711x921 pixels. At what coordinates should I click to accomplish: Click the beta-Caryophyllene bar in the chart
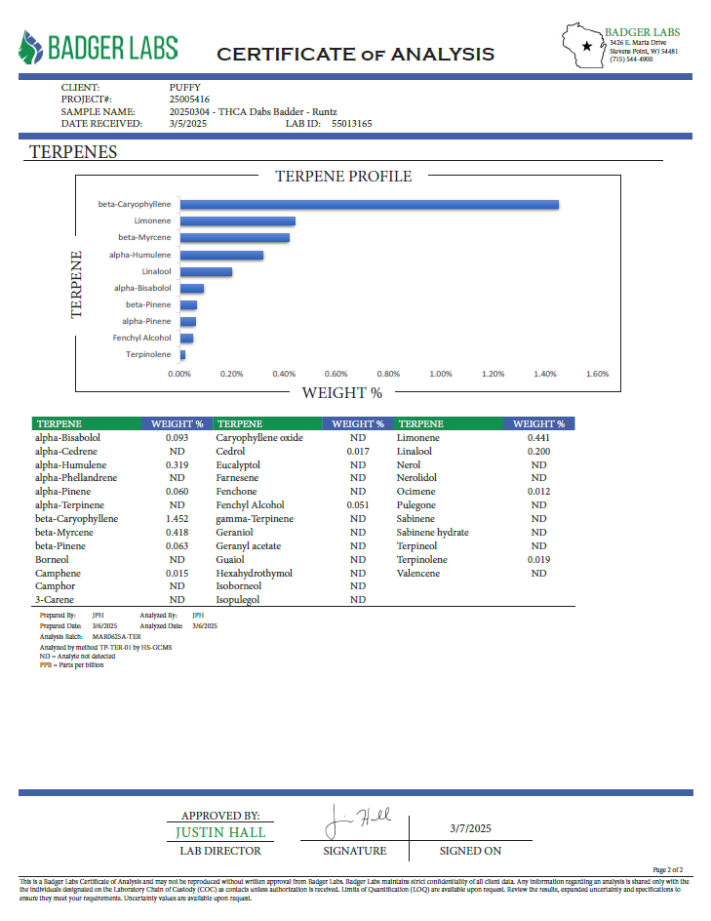(x=370, y=205)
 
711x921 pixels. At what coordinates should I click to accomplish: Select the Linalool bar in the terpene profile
(x=206, y=272)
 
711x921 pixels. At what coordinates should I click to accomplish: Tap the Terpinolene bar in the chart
(x=182, y=355)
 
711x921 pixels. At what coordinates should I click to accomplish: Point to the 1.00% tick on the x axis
(x=440, y=374)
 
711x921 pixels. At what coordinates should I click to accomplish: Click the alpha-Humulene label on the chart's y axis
(x=139, y=255)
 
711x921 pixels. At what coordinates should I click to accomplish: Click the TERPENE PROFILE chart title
(x=343, y=177)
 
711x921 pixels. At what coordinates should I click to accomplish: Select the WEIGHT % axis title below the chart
(x=342, y=393)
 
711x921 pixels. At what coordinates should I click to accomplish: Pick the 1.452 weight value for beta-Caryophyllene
(x=177, y=519)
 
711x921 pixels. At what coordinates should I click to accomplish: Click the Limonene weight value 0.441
(x=538, y=438)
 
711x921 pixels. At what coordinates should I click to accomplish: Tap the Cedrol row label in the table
(x=230, y=451)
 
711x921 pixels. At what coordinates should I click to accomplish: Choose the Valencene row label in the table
(x=418, y=574)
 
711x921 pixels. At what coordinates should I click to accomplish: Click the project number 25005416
(x=189, y=100)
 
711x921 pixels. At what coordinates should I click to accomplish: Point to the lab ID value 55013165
(x=352, y=123)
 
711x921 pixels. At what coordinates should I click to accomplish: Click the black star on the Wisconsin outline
(x=586, y=46)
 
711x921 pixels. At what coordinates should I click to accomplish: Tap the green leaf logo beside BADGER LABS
(x=30, y=47)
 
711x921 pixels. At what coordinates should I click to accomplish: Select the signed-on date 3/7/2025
(x=470, y=828)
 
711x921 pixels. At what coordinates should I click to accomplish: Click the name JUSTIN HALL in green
(x=220, y=832)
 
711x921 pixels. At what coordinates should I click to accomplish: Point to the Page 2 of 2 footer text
(x=667, y=870)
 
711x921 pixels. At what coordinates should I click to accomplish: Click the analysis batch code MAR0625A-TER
(x=116, y=637)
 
